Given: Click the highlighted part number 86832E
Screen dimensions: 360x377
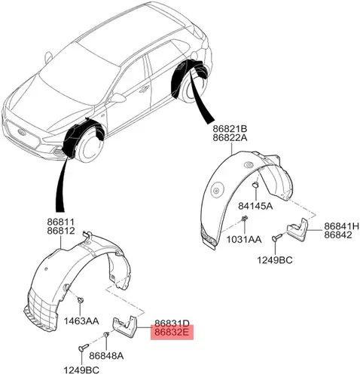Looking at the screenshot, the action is (172, 332).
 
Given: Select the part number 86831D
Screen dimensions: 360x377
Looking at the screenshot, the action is (172, 323).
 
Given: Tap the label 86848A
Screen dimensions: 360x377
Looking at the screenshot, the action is (106, 356).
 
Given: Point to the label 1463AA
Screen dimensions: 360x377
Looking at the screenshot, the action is (81, 320).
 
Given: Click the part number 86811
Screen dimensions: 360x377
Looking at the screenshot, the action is (61, 222).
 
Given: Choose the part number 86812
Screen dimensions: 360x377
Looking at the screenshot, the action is (61, 231).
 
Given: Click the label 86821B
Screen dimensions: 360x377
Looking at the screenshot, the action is (230, 129).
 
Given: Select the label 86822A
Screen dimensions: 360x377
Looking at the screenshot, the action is (230, 138).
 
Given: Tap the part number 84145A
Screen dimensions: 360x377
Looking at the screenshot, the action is (255, 206).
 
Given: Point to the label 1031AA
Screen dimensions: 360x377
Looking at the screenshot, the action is (244, 240).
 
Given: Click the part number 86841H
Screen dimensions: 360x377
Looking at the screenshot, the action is (341, 226).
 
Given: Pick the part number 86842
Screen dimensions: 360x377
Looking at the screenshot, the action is (338, 234).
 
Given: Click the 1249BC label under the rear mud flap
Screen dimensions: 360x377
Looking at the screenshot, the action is (275, 260).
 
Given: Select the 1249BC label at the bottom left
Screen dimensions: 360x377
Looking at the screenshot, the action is (81, 370).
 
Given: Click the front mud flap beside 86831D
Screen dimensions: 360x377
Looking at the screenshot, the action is (124, 325).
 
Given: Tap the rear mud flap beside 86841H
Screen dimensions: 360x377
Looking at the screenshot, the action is (297, 228).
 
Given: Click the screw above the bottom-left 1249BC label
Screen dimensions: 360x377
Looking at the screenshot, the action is (83, 348).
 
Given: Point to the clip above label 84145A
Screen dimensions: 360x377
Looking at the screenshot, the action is (255, 185).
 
